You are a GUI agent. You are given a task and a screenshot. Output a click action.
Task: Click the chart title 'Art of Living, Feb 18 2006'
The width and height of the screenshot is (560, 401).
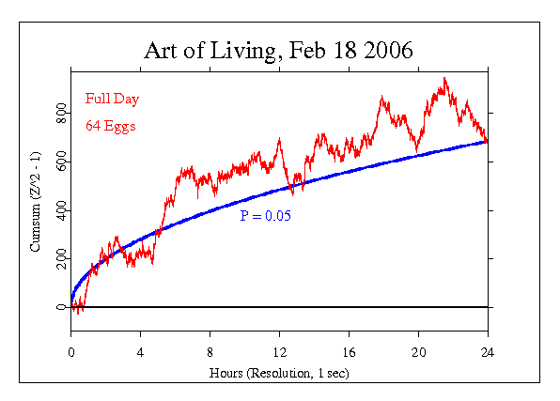coord(279,50)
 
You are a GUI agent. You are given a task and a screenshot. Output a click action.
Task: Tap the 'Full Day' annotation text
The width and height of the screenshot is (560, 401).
coord(108,98)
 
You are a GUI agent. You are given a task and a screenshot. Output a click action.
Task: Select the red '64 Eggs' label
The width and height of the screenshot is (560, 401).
coord(107,124)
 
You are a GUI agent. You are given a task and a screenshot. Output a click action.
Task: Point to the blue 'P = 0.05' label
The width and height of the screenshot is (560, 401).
coord(266,216)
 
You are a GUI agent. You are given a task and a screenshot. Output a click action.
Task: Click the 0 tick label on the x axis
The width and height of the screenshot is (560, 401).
coord(71,352)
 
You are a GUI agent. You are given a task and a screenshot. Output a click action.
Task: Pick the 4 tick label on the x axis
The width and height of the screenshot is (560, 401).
coord(141,352)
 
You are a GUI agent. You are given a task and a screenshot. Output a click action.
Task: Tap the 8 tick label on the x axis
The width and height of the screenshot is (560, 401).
coord(210,352)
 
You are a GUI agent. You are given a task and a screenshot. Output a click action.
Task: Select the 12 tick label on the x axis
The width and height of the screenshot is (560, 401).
coord(279,352)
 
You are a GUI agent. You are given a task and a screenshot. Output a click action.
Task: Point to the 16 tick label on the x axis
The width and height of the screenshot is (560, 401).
coord(349,352)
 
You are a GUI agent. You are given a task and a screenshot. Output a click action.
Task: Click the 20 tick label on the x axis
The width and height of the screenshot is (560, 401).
coord(418,352)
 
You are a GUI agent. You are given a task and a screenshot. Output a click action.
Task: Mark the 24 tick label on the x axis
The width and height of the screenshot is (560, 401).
coord(488,352)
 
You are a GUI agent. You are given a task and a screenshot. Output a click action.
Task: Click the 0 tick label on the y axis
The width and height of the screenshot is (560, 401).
coord(61,307)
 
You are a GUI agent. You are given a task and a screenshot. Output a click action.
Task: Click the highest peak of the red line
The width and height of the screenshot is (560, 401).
coord(444,78)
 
